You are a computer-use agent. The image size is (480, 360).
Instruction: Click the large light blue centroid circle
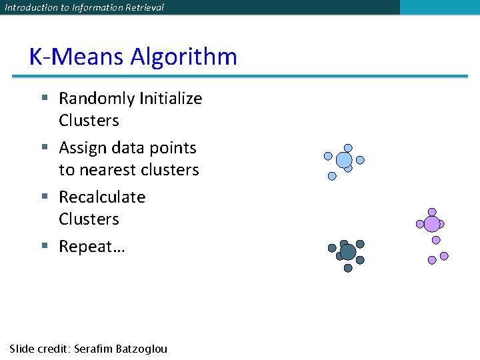point(344,160)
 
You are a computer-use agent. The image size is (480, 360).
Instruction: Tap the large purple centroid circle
point(432,224)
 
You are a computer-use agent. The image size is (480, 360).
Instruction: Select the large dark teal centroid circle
point(348,252)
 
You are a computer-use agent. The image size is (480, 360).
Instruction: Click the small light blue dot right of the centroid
point(361,160)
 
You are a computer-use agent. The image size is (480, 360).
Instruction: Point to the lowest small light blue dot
point(332,177)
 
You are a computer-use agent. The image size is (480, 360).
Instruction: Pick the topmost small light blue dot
point(348,148)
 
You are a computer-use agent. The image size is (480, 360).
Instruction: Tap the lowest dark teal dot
point(348,268)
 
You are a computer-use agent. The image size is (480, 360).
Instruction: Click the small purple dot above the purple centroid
point(432,212)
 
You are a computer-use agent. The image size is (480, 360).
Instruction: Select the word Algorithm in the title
point(183,57)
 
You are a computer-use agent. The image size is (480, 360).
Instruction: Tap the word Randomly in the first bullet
point(97,99)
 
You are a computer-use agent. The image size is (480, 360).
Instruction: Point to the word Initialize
point(171,99)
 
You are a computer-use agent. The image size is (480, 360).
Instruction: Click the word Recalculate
point(102,197)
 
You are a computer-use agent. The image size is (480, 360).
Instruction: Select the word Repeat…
point(92,247)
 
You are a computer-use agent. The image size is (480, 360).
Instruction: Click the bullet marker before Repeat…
point(45,246)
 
